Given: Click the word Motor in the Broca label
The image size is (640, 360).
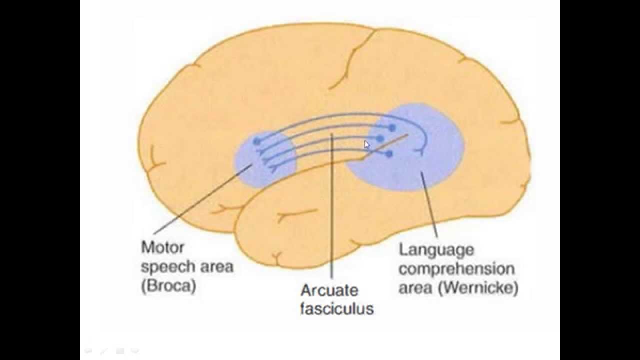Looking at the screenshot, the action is point(163,247).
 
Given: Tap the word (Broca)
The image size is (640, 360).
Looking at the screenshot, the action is point(168,287).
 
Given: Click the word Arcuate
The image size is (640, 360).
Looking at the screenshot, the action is point(329,290).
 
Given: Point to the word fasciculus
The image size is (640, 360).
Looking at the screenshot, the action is point(336,308).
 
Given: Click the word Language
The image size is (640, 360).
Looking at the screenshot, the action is point(436,249).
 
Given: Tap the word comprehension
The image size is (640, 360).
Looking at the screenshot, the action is point(456,269).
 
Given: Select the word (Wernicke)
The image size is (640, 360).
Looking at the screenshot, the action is point(479,288).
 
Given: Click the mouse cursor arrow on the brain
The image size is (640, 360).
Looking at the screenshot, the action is point(366,144).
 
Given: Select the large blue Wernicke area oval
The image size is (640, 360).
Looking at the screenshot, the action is point(430,165).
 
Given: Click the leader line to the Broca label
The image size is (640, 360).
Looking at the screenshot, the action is point(200,200).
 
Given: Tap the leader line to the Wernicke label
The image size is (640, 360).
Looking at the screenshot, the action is point(429,205).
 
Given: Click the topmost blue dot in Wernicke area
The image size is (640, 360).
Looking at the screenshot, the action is point(392,128).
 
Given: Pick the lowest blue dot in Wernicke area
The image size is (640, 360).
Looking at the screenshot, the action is point(389,154).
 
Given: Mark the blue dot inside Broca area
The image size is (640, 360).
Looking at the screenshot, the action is point(257,142).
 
